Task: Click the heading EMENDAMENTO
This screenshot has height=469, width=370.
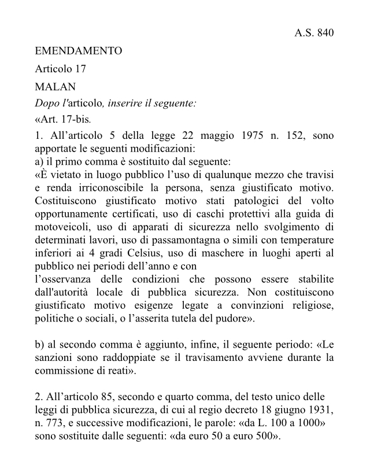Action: click(78, 51)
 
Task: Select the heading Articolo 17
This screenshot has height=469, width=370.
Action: click(60, 69)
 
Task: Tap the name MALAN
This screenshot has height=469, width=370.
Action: click(55, 87)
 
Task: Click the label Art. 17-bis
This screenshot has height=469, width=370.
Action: click(63, 121)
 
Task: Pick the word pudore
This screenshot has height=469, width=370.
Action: click(233, 318)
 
